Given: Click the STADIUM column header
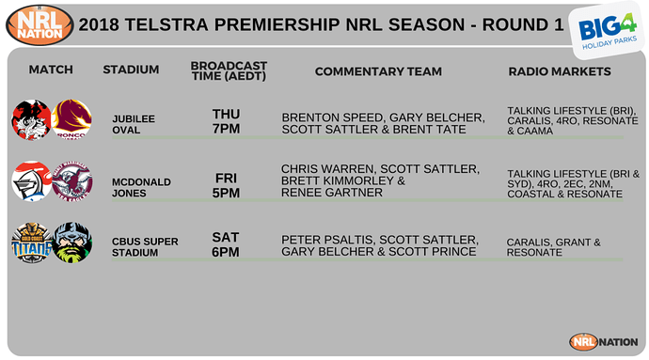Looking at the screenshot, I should [x=131, y=70].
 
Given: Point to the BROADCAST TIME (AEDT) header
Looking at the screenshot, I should [x=229, y=70].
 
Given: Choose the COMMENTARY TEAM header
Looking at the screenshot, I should [x=372, y=71].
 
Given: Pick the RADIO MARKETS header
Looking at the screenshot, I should [x=560, y=71].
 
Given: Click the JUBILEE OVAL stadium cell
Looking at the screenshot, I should [x=133, y=124].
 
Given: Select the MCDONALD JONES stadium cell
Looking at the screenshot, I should [x=133, y=181].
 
